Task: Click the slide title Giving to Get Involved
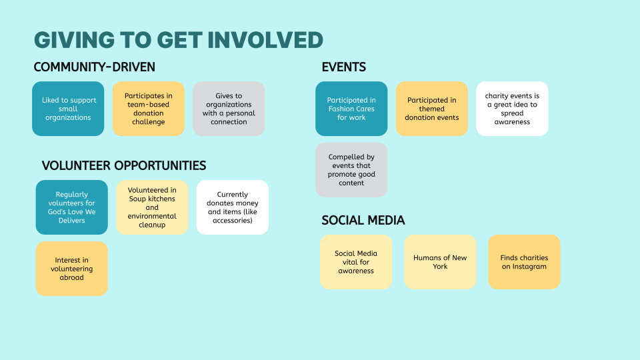(178, 39)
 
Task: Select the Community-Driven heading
(94, 67)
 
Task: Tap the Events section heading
(343, 67)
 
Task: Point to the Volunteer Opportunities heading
(123, 165)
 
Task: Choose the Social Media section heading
(363, 220)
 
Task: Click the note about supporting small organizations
(69, 109)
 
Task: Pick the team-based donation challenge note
(149, 109)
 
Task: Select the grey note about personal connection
(229, 109)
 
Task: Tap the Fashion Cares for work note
(351, 109)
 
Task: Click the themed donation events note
(432, 109)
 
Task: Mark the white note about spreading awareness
(512, 109)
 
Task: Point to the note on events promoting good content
(351, 170)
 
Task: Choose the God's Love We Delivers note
(71, 207)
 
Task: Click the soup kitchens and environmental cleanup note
(152, 207)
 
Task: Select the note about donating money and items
(233, 207)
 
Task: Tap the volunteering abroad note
(71, 269)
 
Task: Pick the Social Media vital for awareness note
(356, 262)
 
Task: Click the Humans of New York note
(440, 262)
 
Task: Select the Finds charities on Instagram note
(524, 262)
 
